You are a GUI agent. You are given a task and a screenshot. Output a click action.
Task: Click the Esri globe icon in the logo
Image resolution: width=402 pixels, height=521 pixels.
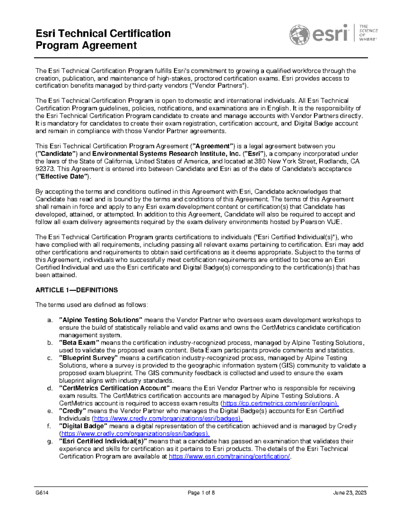point(299,35)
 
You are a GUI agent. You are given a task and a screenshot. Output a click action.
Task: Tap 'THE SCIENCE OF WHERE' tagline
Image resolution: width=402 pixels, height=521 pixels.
point(368,33)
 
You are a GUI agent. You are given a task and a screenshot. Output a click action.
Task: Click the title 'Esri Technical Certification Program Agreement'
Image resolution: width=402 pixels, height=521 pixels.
point(103,39)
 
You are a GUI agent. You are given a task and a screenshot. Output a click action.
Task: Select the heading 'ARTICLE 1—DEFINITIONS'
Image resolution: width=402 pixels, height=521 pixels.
point(77,290)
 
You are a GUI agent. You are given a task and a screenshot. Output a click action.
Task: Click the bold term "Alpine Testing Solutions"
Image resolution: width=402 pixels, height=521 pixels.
point(101,320)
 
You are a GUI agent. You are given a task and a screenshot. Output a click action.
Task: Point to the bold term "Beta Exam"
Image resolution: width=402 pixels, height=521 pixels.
point(79,343)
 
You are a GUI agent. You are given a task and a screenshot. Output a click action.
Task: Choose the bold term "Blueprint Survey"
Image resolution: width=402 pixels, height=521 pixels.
point(88,358)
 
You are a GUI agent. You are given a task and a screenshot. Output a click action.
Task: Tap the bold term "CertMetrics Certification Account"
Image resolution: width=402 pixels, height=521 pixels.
point(114,388)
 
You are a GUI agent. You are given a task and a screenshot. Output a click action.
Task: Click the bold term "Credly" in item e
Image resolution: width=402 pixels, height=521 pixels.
point(73,411)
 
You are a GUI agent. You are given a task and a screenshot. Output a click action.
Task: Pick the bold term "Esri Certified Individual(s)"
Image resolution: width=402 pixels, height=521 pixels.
point(103,441)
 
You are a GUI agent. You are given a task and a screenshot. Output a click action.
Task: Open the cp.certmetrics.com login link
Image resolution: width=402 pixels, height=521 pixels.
point(280,404)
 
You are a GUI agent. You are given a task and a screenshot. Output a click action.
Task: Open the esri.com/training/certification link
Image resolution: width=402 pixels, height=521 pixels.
point(229,457)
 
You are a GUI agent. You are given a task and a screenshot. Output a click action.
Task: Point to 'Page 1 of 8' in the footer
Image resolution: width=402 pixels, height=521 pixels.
point(201,493)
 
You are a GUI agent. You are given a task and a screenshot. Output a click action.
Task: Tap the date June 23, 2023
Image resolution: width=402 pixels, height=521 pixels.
point(350,493)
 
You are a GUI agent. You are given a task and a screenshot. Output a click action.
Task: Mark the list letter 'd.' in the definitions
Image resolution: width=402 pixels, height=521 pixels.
point(50,388)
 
